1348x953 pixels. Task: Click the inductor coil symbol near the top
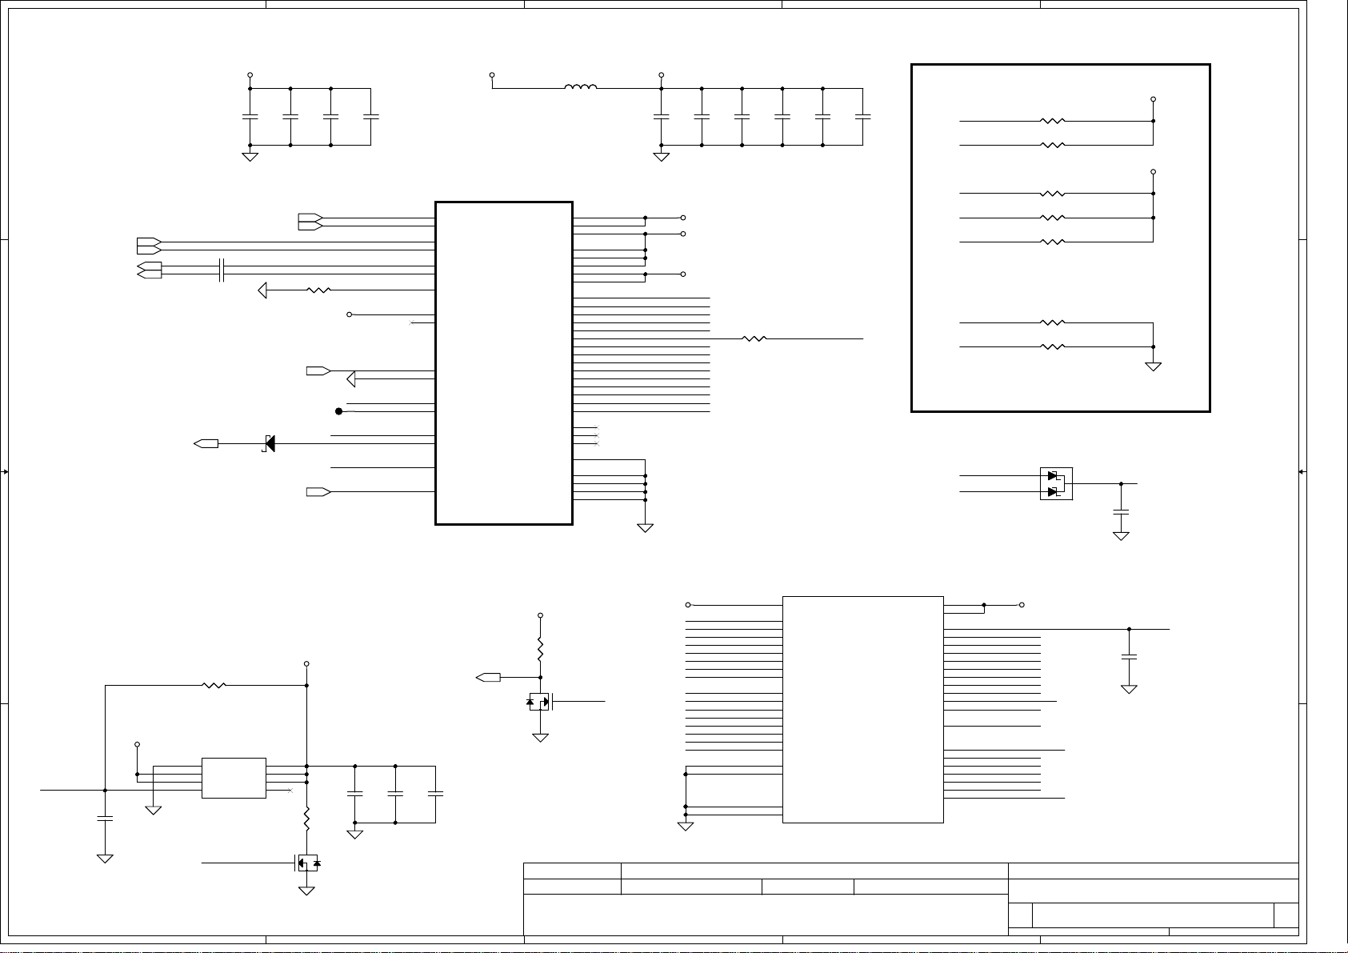(x=580, y=88)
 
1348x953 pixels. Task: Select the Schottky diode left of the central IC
(x=270, y=443)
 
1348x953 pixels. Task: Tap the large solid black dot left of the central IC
(x=338, y=411)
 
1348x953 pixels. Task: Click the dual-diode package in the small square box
(x=1056, y=483)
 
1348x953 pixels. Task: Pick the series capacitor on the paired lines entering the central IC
(x=222, y=270)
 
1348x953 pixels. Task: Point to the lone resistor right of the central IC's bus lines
(x=754, y=338)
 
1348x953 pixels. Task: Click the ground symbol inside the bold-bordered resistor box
(x=1153, y=366)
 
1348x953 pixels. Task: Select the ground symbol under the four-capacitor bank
(x=250, y=156)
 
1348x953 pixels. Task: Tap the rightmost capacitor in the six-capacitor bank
(x=862, y=117)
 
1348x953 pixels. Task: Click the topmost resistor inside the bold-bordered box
(x=1053, y=122)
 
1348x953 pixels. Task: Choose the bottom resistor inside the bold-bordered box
(x=1053, y=346)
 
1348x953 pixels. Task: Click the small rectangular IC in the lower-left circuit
(x=234, y=778)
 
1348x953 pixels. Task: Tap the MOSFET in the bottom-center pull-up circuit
(x=541, y=703)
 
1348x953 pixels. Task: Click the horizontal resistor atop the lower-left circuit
(x=214, y=685)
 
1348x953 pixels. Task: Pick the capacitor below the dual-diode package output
(x=1121, y=511)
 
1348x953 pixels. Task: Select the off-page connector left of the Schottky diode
(x=206, y=443)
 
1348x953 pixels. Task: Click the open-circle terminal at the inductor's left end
(x=492, y=75)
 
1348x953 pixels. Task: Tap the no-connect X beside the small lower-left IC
(x=290, y=791)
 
